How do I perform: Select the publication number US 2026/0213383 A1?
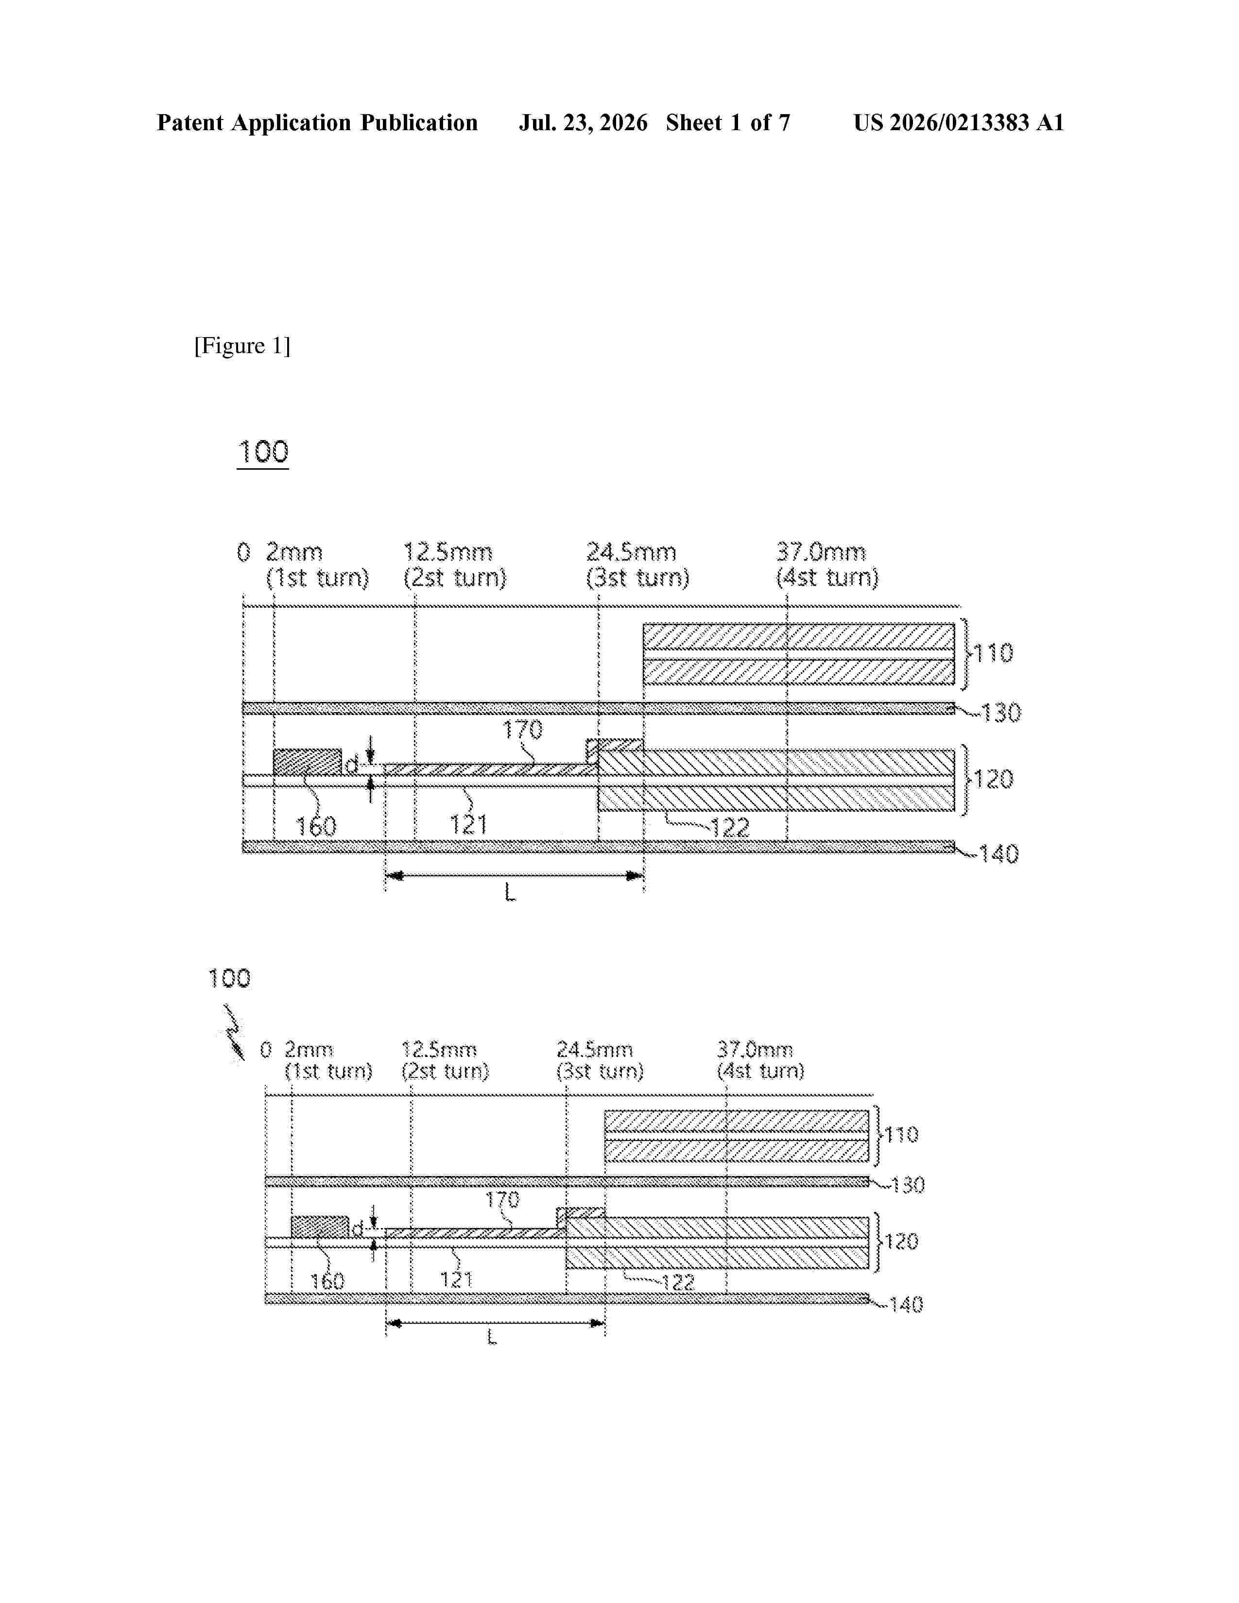pyautogui.click(x=959, y=122)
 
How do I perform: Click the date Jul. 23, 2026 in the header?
pyautogui.click(x=584, y=122)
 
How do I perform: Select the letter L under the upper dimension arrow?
pyautogui.click(x=510, y=892)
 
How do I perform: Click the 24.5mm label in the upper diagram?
pyautogui.click(x=631, y=552)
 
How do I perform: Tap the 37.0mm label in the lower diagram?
pyautogui.click(x=755, y=1050)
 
